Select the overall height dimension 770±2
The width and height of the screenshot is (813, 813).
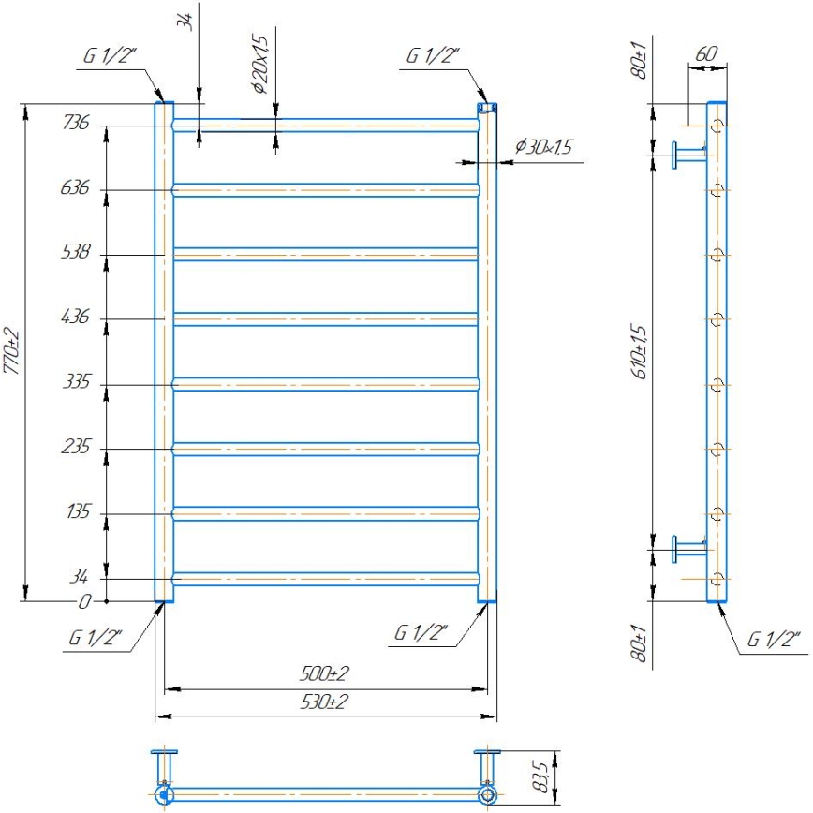coord(12,351)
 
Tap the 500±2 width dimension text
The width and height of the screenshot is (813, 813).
coord(325,673)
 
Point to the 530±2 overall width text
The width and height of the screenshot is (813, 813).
coord(325,702)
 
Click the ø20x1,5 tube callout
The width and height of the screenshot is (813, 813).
coord(260,59)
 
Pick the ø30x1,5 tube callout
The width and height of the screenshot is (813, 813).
coord(543,147)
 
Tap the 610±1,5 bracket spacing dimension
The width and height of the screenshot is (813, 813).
coord(640,351)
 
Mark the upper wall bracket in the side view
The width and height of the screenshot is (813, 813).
coord(688,154)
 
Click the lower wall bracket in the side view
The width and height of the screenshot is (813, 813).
coord(688,548)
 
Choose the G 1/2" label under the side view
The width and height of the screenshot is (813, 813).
coord(773,641)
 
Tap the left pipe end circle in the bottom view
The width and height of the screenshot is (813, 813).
coord(165,796)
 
